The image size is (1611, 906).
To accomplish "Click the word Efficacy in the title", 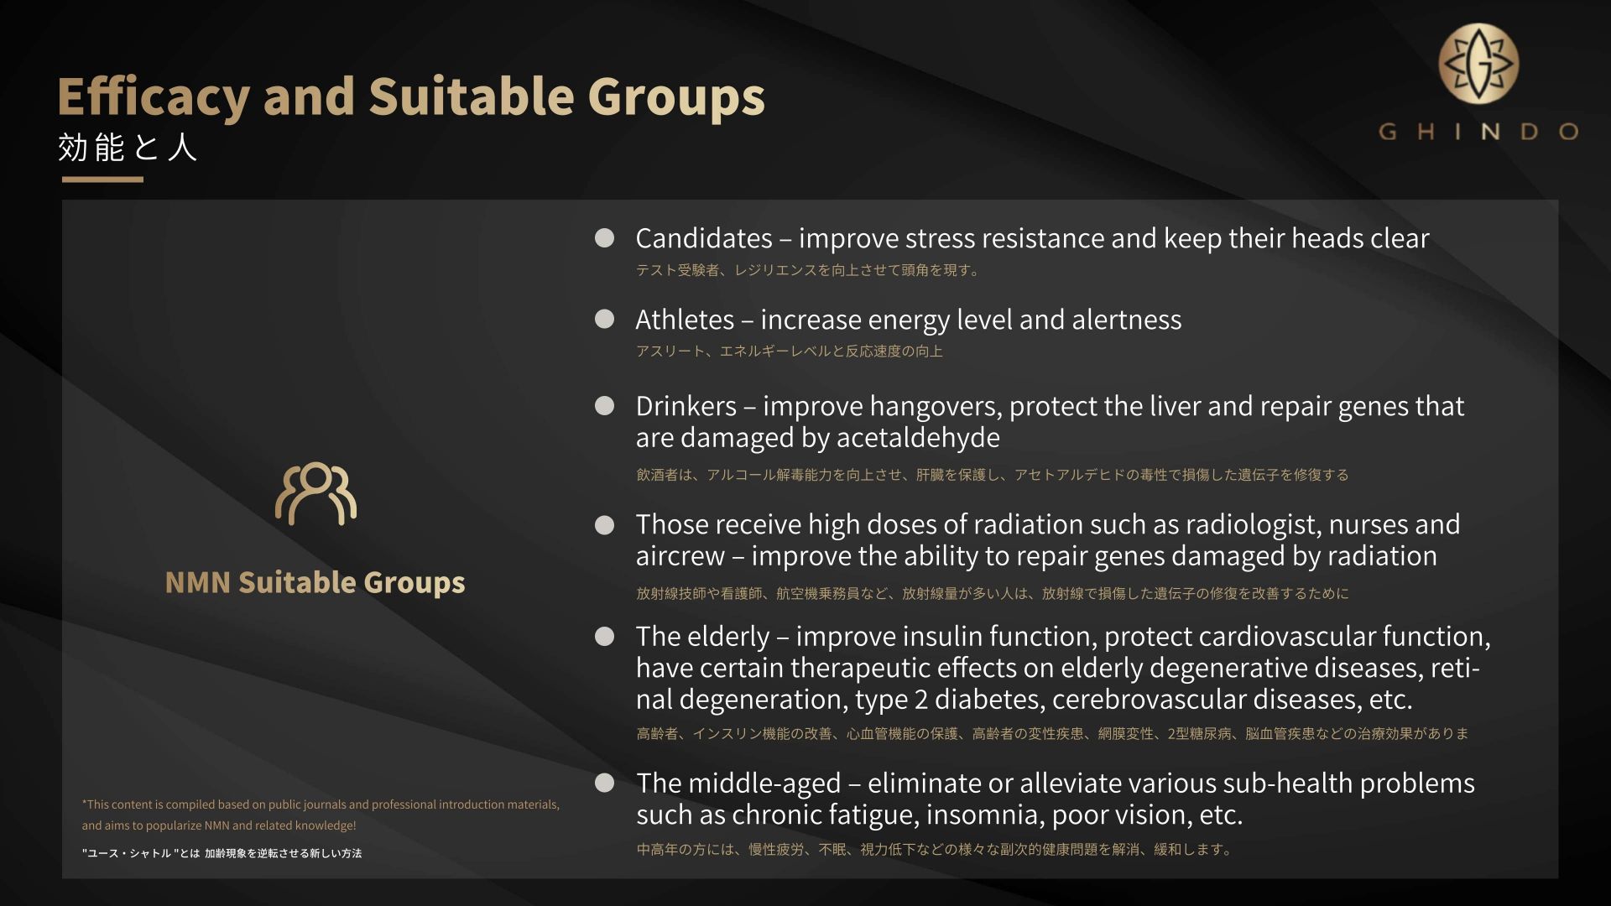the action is pos(154,97).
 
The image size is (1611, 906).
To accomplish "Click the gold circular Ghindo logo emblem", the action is pos(1478,64).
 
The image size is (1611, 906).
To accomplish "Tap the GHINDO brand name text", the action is pos(1478,132).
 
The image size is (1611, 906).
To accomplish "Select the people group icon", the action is pos(315,493).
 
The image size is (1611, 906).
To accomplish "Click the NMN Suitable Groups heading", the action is pos(315,581).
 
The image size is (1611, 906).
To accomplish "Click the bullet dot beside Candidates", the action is pos(604,238).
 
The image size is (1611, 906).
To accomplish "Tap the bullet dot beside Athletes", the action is pos(604,319).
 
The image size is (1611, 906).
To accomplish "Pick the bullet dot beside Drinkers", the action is pos(604,406).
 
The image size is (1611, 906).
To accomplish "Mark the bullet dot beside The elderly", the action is pos(604,636).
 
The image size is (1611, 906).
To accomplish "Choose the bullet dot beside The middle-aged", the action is pos(604,783).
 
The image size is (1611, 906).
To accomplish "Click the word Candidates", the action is pos(704,238).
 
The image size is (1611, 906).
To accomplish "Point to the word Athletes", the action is pos(685,320).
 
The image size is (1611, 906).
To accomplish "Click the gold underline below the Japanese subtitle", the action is pos(102,180).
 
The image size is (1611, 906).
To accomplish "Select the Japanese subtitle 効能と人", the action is pos(128,148).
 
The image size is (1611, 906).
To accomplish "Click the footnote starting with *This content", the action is pos(321,815).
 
